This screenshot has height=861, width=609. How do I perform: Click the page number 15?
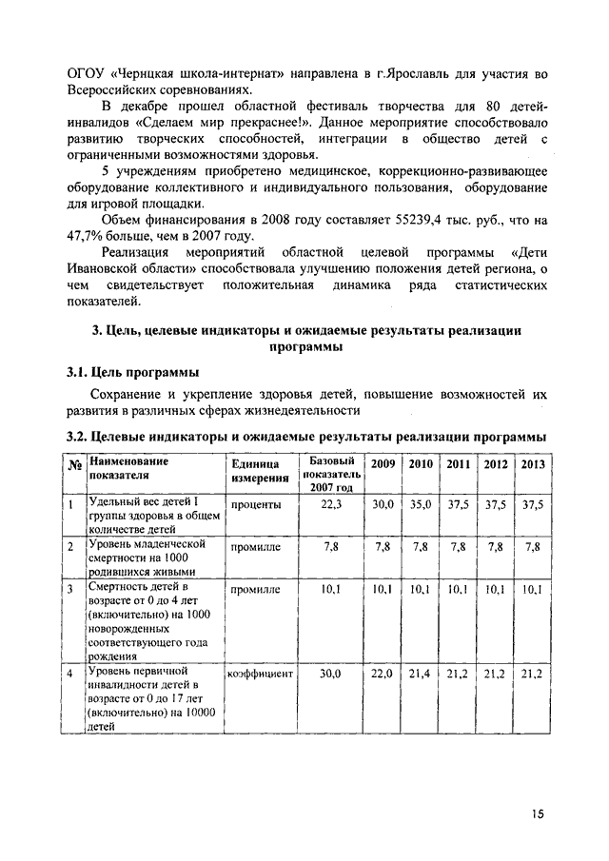pos(538,813)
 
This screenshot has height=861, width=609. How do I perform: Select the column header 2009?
pos(383,463)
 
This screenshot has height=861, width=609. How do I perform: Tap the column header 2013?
pos(532,464)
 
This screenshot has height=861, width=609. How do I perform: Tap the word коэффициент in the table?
pos(260,674)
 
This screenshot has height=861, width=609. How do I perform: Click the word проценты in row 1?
pos(250,505)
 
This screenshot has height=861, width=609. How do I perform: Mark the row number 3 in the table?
pos(71,590)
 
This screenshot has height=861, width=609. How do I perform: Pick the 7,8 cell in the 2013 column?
pos(532,547)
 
